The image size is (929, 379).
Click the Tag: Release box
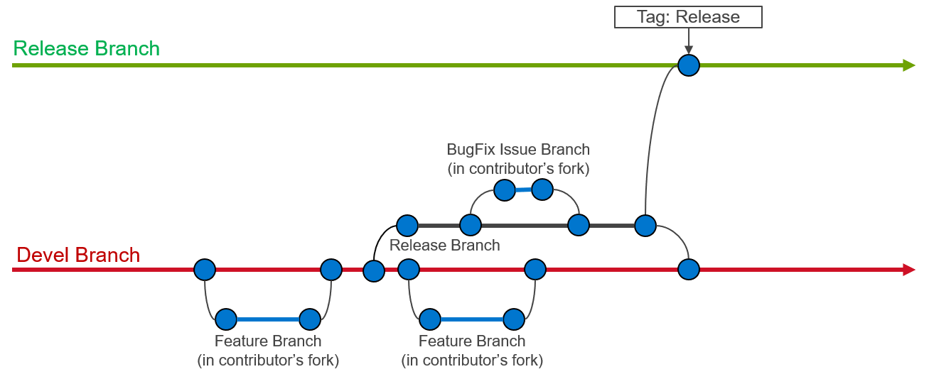point(688,17)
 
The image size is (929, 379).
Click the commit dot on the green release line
point(689,65)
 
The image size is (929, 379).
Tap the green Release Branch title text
point(86,48)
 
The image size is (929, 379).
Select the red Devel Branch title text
point(78,255)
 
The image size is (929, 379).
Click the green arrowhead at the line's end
point(908,65)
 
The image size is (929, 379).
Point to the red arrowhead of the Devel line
point(908,270)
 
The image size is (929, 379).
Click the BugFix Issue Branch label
point(518,159)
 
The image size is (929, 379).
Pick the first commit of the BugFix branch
point(505,190)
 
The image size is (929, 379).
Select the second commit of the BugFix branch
point(542,189)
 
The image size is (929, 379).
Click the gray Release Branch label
point(444,245)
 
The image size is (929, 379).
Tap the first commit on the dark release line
point(407,226)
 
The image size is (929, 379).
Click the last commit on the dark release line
point(645,226)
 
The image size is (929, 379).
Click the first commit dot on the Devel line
point(205,270)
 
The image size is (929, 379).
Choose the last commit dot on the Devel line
point(689,269)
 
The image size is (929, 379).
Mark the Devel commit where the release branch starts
point(374,271)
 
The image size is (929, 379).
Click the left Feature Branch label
point(268,351)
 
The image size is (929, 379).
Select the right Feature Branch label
point(472,351)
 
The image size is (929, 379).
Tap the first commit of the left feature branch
point(226,319)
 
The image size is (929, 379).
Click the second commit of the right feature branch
point(514,319)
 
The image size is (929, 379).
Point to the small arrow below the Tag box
point(689,41)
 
